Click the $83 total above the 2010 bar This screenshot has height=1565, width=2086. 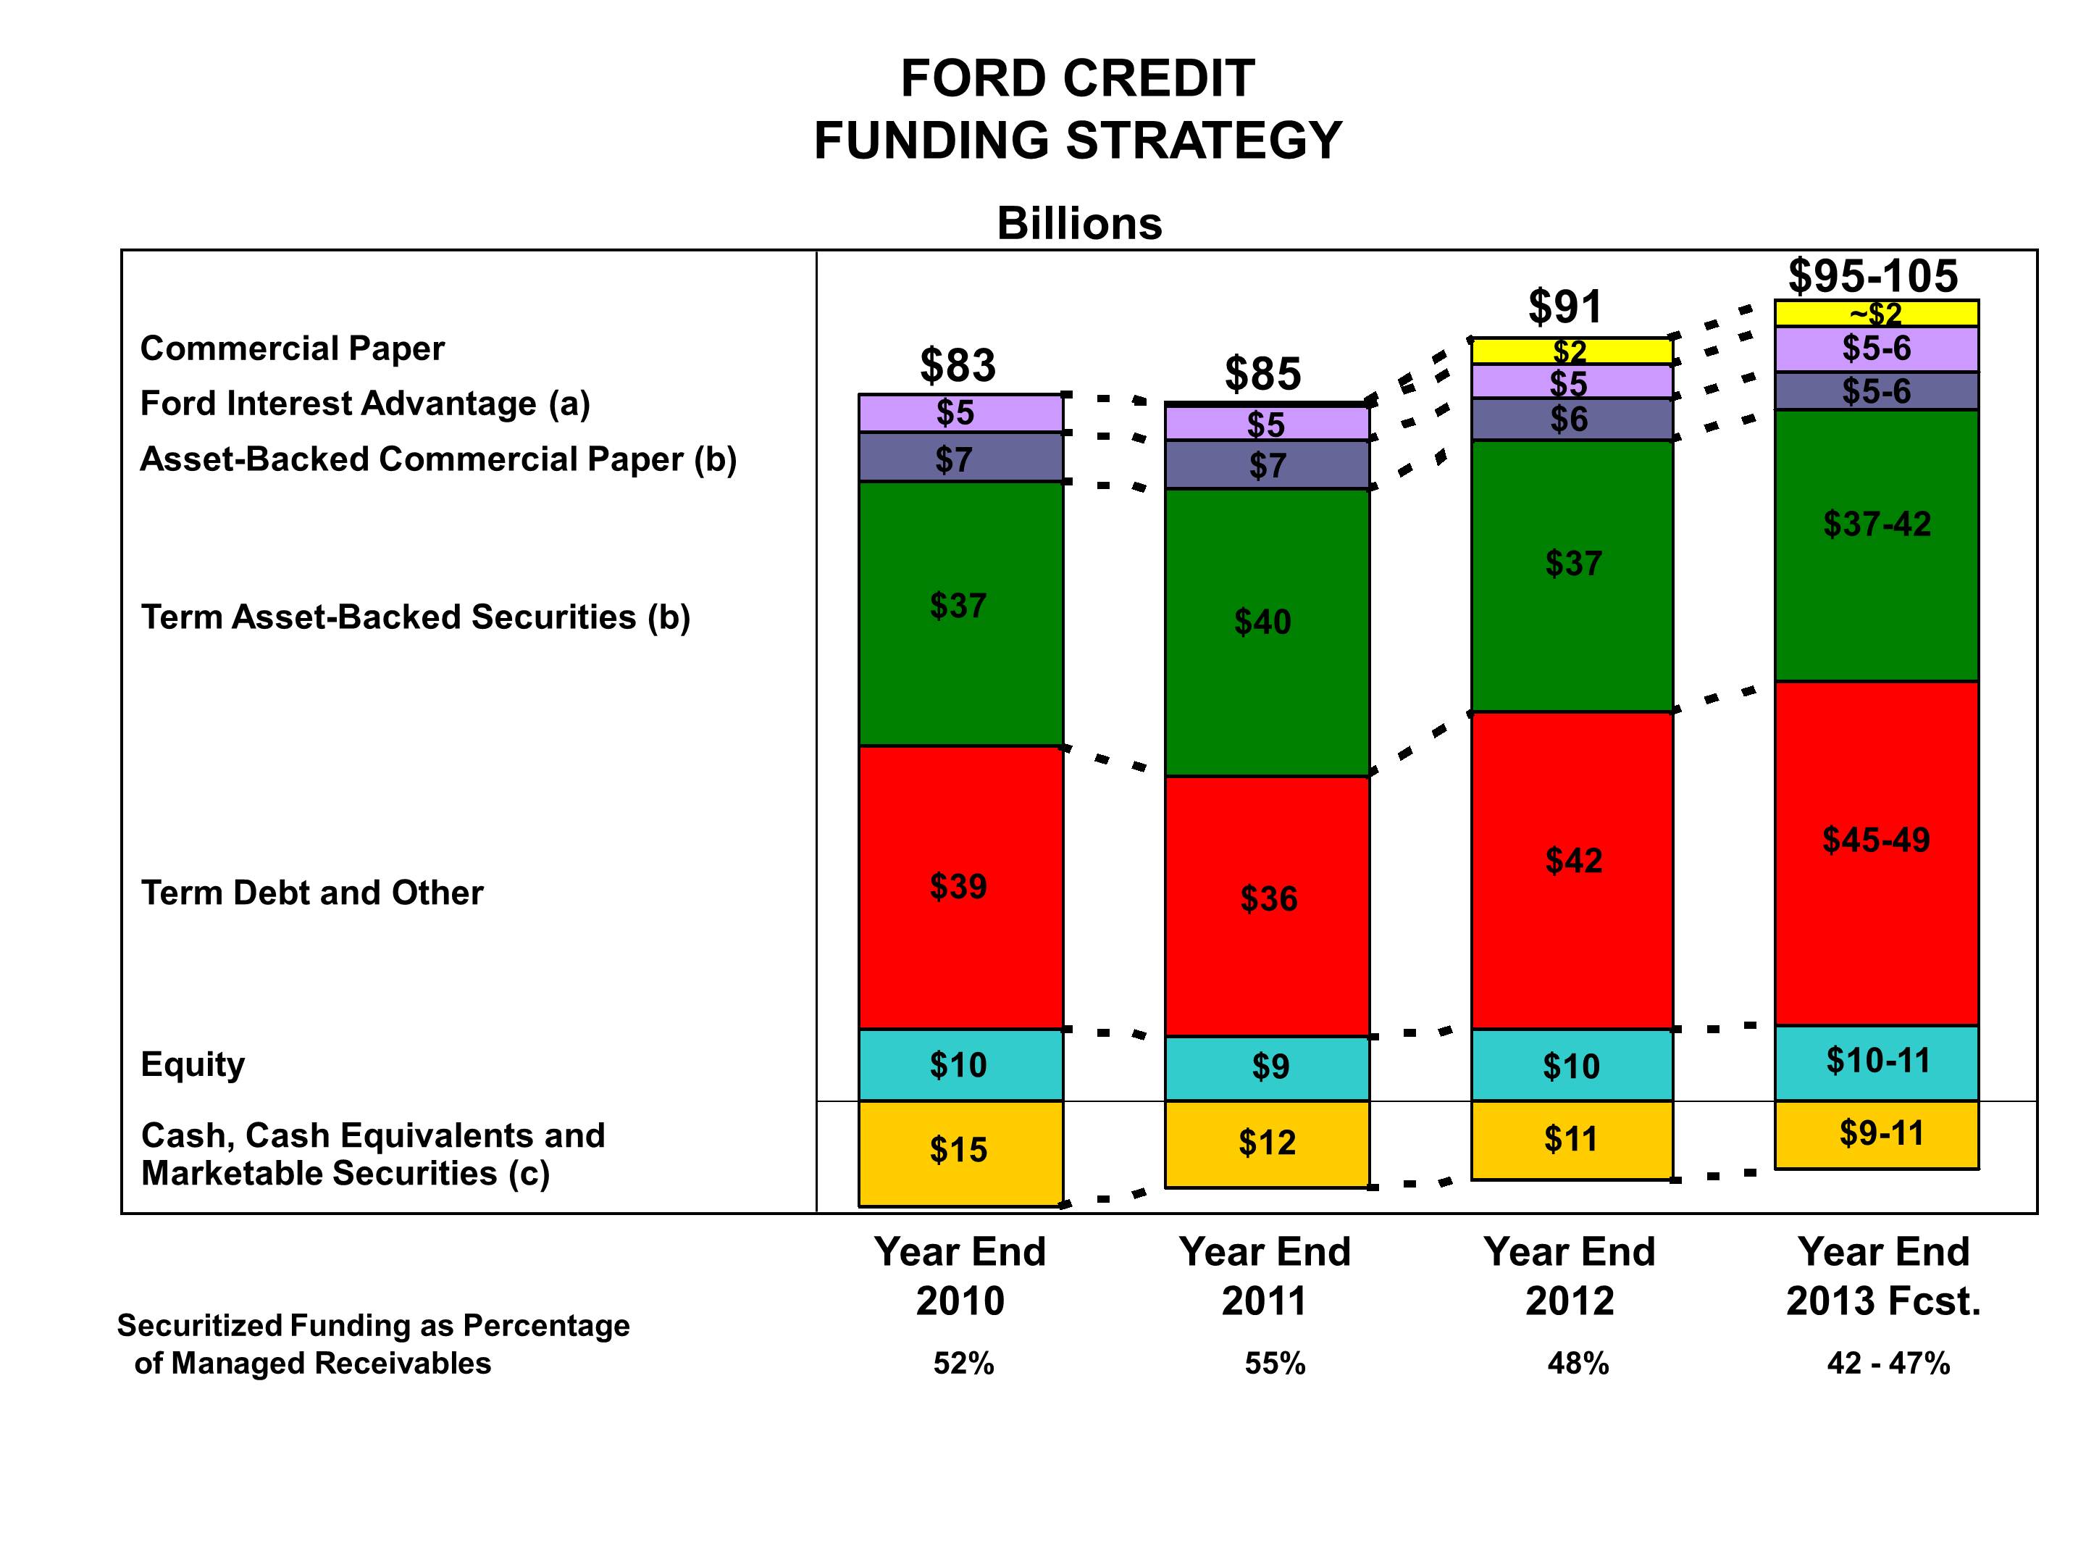[958, 365]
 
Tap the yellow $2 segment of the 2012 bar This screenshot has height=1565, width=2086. [1571, 351]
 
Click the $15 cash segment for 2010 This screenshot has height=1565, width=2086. [959, 1151]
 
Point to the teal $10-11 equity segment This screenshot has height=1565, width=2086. [1877, 1061]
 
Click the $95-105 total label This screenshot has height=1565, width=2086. [1873, 276]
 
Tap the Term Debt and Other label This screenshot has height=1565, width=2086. [312, 893]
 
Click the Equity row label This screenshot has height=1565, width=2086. [193, 1064]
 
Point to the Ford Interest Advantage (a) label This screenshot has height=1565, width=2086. [365, 404]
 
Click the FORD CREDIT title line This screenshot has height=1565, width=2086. [1078, 78]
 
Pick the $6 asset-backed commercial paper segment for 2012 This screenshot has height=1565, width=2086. [1571, 419]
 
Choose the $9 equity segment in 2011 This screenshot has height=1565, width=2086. [1268, 1067]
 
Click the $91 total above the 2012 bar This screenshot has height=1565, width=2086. [1564, 306]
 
